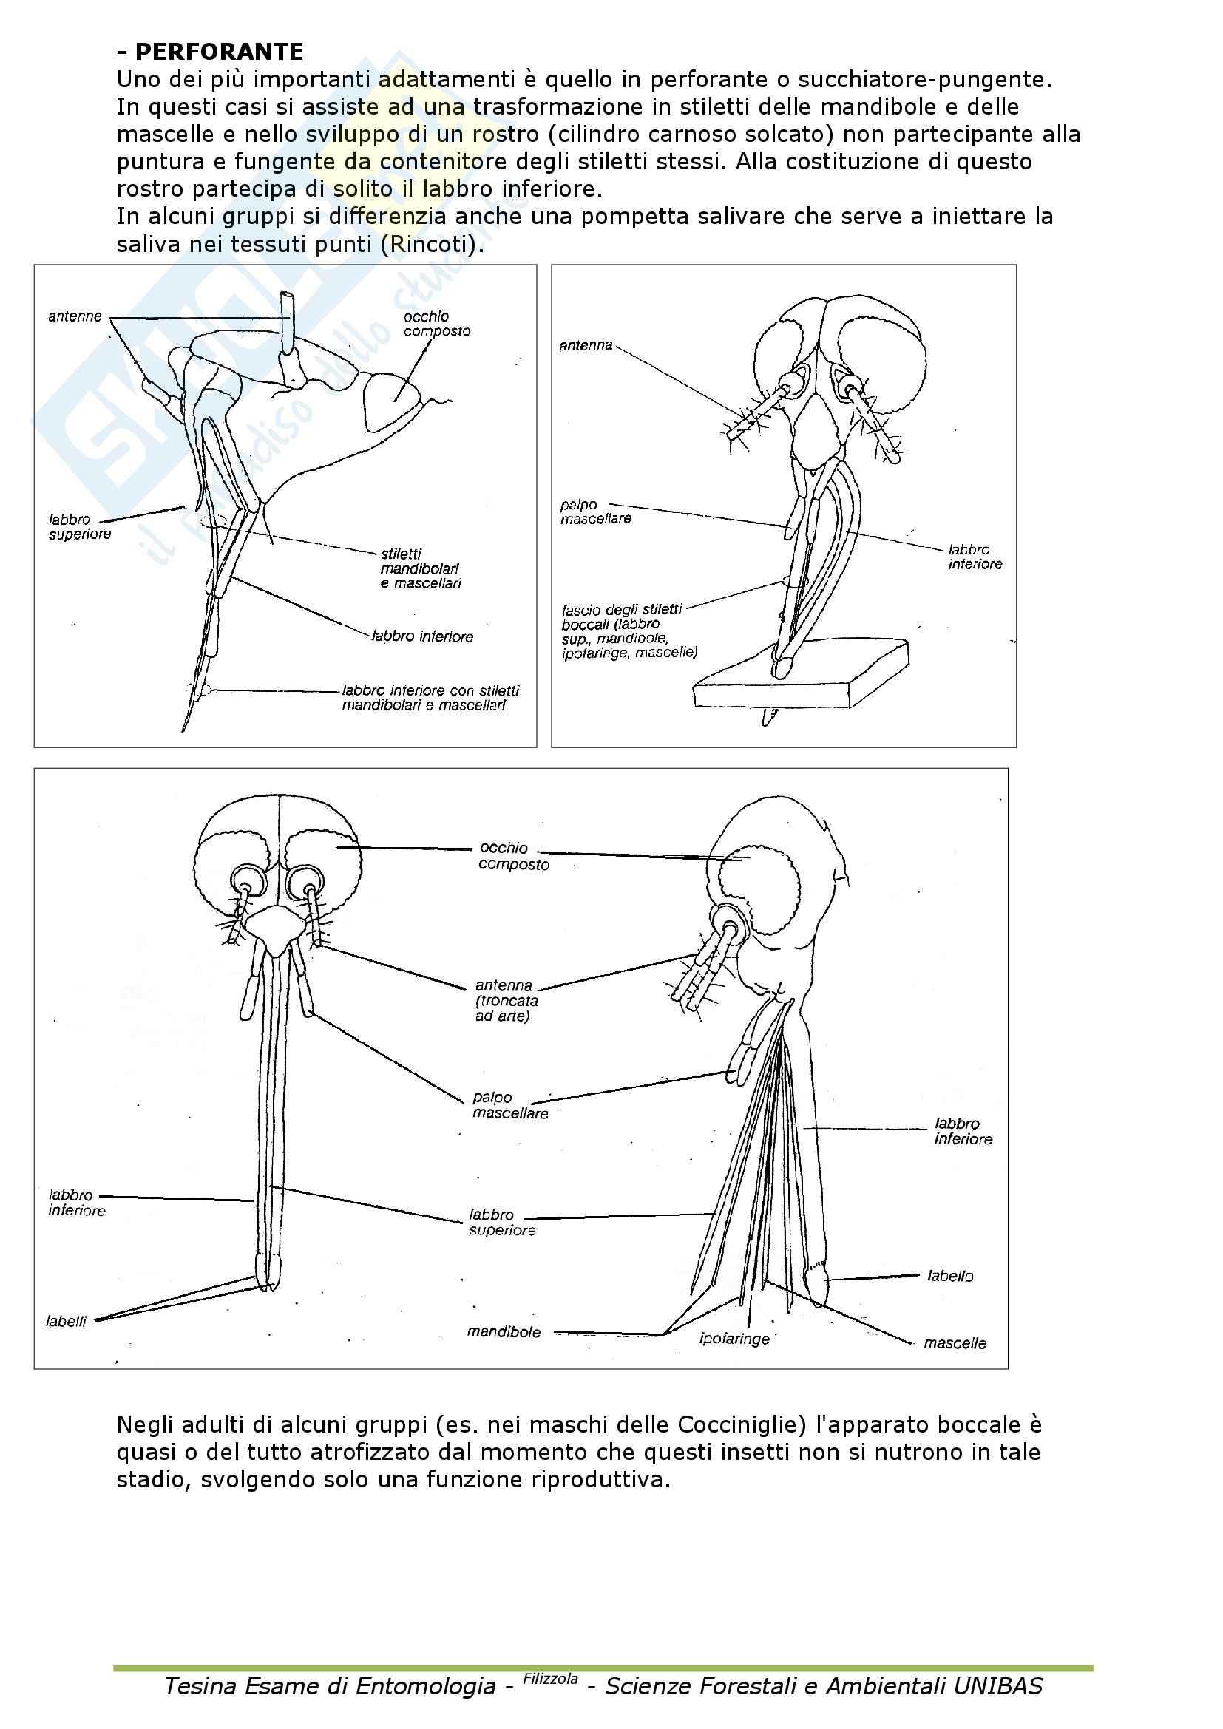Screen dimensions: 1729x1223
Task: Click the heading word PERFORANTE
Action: [218, 52]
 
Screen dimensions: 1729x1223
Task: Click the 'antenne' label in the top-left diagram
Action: [75, 317]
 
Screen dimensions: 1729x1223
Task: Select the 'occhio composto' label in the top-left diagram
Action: [437, 324]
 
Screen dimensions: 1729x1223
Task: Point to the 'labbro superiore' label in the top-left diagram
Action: [80, 527]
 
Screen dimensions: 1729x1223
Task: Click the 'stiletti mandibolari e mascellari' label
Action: [420, 568]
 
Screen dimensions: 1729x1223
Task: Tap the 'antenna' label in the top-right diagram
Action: [586, 346]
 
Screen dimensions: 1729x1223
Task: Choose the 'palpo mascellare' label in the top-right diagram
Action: [596, 512]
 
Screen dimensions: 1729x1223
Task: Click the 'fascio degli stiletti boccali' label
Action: [629, 631]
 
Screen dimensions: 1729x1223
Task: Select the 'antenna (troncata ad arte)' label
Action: [506, 1000]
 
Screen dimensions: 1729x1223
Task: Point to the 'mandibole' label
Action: [504, 1332]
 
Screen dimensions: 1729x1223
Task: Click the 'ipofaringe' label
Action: [734, 1339]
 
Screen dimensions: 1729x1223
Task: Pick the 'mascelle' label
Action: [955, 1343]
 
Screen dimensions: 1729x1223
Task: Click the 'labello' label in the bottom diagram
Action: [950, 1276]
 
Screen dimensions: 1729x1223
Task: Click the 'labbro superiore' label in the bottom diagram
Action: [501, 1222]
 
